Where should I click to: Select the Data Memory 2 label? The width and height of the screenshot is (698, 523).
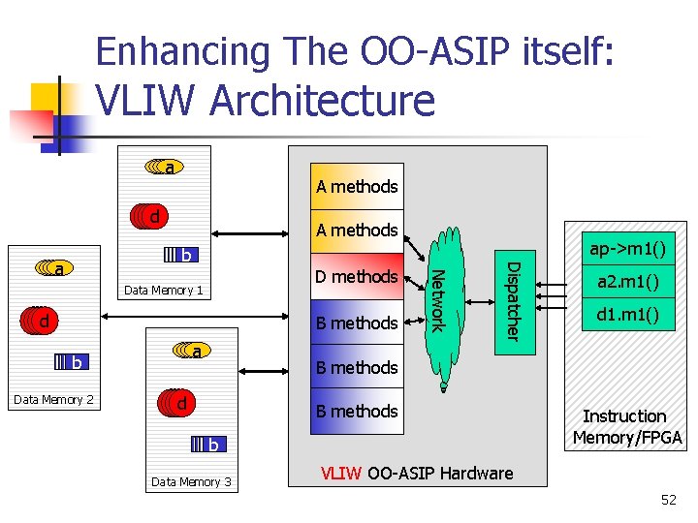(x=54, y=399)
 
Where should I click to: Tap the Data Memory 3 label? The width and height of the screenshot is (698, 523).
(x=191, y=481)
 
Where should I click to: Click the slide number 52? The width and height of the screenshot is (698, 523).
(x=669, y=500)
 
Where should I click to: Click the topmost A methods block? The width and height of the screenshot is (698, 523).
(x=357, y=186)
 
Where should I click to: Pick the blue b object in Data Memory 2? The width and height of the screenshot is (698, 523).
(x=72, y=362)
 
